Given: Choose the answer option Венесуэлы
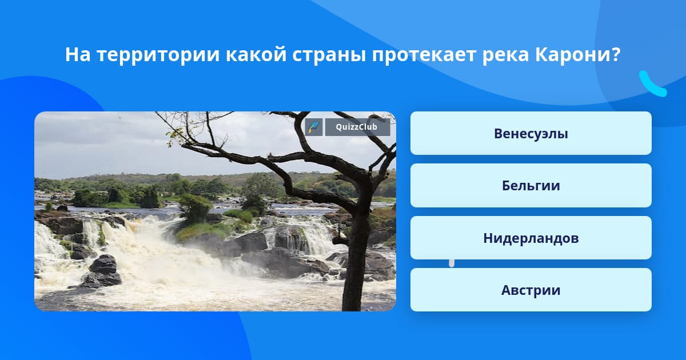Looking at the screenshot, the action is (531, 133).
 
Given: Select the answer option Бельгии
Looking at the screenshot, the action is (531, 186).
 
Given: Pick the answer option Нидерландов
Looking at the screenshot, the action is (531, 238).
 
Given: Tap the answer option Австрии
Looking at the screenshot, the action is (531, 290).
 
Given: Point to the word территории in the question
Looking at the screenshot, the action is (158, 55).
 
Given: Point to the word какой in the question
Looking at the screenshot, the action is (256, 54).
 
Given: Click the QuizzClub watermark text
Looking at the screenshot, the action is (357, 127).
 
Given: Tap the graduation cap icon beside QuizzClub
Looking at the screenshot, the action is (314, 127).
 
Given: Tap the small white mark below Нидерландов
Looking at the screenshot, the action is (452, 263).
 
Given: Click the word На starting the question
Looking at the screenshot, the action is (78, 54).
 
